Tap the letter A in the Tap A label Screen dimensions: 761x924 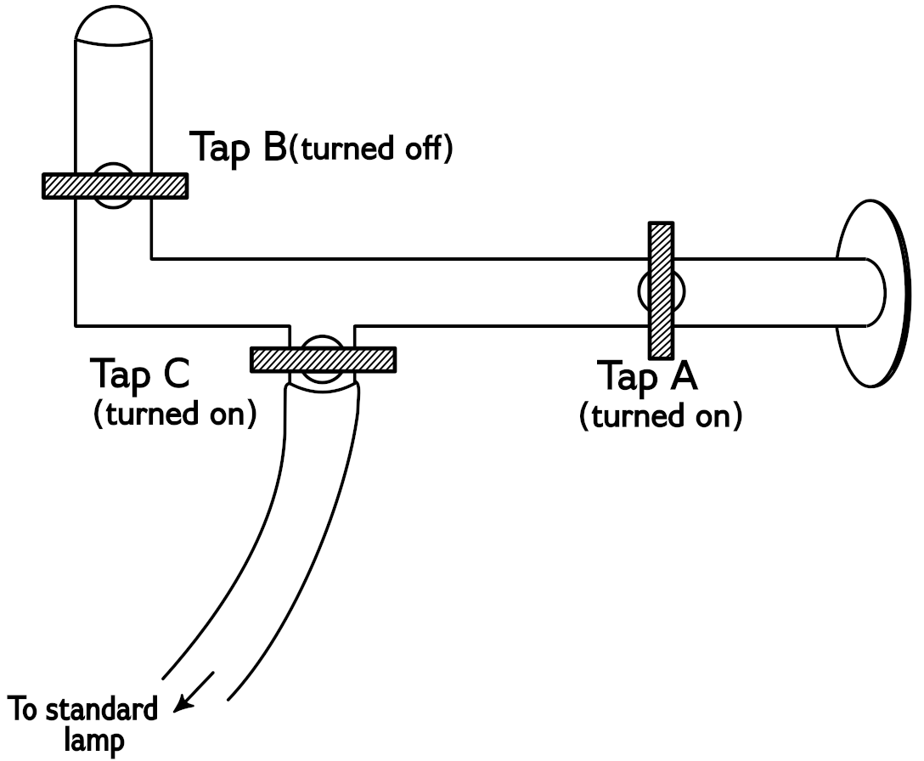pyautogui.click(x=680, y=376)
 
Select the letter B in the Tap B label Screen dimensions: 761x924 pyautogui.click(x=273, y=146)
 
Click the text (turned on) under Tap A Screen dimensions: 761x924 pyautogui.click(x=661, y=416)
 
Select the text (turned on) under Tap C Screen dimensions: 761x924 pyautogui.click(x=174, y=414)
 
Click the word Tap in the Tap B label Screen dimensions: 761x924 pyautogui.click(x=222, y=146)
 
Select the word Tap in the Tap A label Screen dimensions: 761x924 pyautogui.click(x=629, y=378)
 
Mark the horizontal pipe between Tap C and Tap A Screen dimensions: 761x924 pyautogui.click(x=493, y=290)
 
